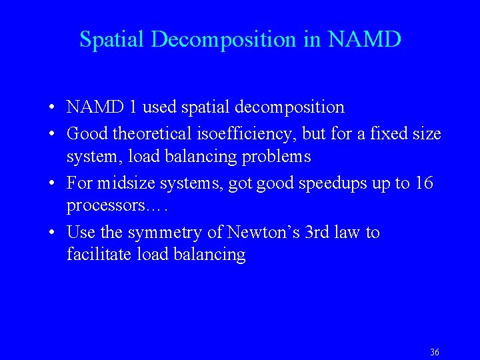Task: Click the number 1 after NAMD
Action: [x=134, y=107]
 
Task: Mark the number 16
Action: [x=423, y=183]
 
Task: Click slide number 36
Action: [x=435, y=352]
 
